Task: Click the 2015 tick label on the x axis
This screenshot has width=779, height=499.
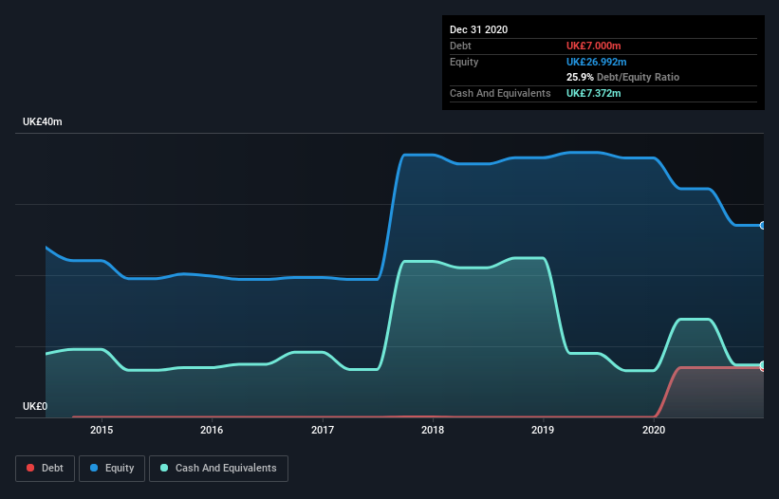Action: tap(102, 430)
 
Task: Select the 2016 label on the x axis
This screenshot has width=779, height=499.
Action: tap(212, 430)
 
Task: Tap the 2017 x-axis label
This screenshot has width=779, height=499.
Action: tap(323, 430)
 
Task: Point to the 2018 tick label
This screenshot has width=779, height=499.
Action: tap(433, 430)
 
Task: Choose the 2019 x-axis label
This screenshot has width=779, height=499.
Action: tap(543, 430)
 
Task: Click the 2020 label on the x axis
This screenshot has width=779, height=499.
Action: tap(654, 430)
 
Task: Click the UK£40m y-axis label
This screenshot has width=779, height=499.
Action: tap(42, 122)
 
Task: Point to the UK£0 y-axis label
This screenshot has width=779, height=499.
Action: tap(35, 406)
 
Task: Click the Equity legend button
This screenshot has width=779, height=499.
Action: tap(112, 468)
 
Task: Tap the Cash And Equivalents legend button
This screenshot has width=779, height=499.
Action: tap(218, 468)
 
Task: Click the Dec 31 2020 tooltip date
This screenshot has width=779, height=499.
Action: tap(478, 29)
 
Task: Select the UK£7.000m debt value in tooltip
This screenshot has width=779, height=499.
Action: tap(593, 46)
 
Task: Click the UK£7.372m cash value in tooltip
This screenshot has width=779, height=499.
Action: tap(593, 93)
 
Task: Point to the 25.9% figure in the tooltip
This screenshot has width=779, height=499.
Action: tap(580, 77)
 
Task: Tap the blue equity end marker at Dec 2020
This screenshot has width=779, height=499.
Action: tap(762, 226)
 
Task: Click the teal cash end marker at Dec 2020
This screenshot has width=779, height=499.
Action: tap(762, 365)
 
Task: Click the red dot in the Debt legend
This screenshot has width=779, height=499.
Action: tap(29, 468)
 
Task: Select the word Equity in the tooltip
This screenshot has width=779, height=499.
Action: tap(465, 62)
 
